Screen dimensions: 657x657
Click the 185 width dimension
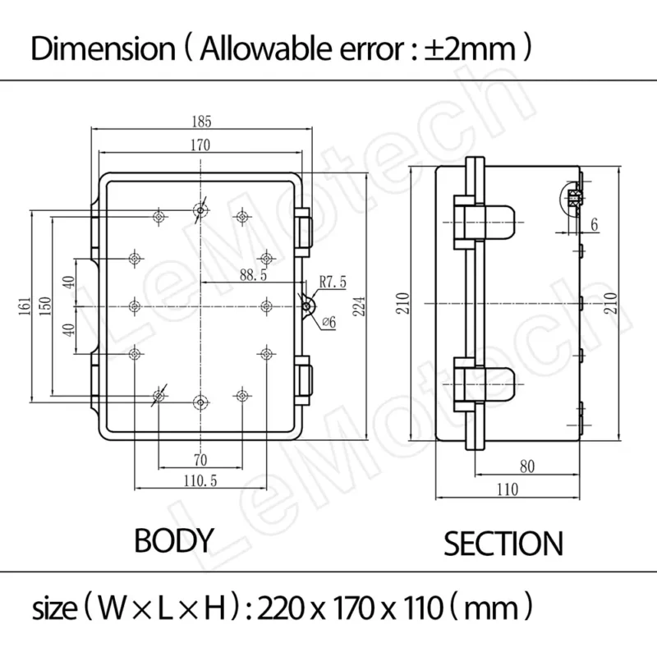(x=201, y=122)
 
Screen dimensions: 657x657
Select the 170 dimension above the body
(x=200, y=145)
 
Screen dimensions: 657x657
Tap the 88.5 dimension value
(x=253, y=275)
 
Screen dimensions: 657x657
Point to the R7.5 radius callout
(x=333, y=282)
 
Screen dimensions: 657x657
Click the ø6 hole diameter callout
(x=329, y=322)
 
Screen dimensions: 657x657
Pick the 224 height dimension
(x=359, y=306)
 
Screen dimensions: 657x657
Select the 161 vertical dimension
(x=25, y=306)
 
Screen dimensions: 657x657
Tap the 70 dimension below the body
(x=200, y=460)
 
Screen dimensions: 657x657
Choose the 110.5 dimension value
(x=200, y=480)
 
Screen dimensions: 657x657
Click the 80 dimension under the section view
(x=527, y=466)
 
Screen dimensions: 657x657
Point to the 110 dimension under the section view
(x=508, y=489)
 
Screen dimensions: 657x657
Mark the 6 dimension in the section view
(x=594, y=225)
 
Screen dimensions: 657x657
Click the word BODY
(x=174, y=540)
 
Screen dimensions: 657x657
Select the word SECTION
(x=503, y=544)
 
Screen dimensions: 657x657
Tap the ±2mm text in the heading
(x=470, y=49)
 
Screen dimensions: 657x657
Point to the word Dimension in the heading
(x=103, y=48)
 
